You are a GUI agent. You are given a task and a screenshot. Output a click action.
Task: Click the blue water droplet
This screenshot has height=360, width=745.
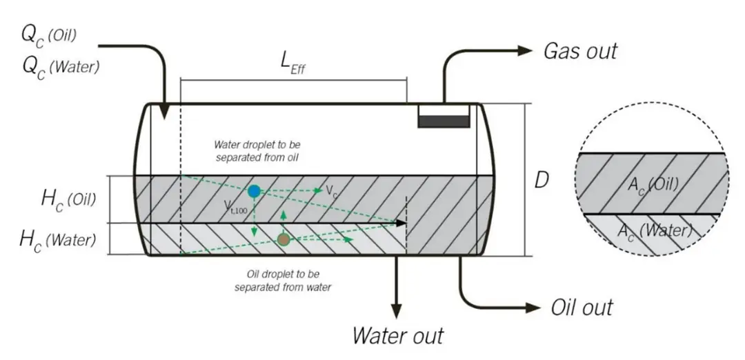(254, 191)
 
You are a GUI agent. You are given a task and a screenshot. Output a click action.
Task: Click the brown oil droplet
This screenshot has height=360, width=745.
(283, 239)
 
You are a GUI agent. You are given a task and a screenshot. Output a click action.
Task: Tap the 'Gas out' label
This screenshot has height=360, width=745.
(581, 50)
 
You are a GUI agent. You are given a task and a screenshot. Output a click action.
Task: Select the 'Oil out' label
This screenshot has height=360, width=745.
(582, 307)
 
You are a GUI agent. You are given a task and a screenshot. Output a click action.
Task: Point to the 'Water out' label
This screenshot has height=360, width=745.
(398, 336)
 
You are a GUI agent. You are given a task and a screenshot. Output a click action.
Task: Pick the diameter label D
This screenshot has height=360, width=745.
(542, 181)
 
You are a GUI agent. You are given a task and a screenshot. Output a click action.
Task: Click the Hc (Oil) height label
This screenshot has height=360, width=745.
(68, 199)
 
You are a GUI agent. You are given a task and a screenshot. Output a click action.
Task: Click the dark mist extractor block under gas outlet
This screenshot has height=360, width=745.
(444, 121)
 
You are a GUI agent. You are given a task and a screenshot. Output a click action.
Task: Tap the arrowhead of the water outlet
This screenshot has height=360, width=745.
(397, 312)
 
